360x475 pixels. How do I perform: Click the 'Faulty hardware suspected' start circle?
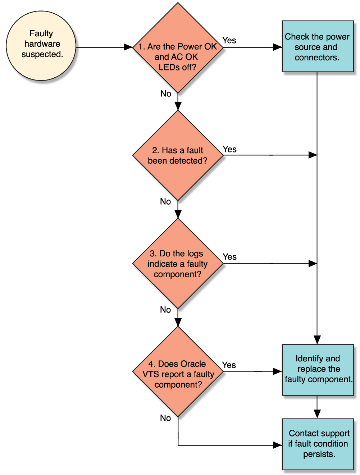(x=41, y=45)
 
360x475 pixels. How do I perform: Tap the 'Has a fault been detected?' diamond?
(x=178, y=155)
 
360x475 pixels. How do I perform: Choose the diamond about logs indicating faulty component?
(x=178, y=264)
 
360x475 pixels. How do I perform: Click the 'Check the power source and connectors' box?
(x=318, y=46)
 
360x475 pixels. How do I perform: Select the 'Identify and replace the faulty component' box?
(x=318, y=370)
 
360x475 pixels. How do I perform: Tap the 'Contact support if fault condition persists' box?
(x=318, y=444)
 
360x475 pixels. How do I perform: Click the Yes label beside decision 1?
(x=229, y=40)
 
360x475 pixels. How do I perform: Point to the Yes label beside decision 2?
(x=229, y=149)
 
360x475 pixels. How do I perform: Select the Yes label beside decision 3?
(x=229, y=257)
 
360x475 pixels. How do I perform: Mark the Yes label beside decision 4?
(x=229, y=365)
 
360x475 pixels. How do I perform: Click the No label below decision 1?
(x=165, y=93)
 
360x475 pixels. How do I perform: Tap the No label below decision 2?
(x=165, y=201)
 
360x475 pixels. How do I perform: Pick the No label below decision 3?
(x=165, y=310)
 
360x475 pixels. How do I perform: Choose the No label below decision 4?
(x=165, y=418)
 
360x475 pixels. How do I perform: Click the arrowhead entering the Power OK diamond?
(x=128, y=47)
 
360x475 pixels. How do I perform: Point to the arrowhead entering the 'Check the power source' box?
(x=278, y=47)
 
